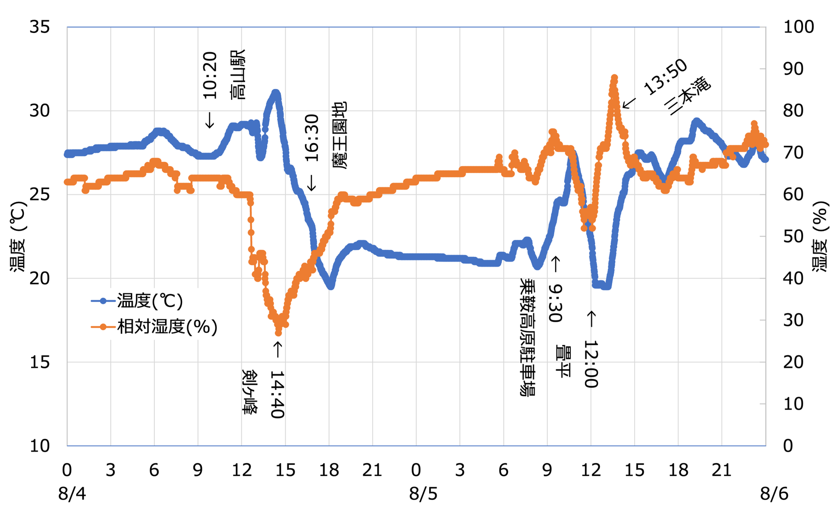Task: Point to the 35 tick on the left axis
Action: point(40,27)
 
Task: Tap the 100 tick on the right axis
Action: point(798,27)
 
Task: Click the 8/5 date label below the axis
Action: point(423,494)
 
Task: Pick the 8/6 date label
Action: point(774,494)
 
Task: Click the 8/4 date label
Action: point(72,494)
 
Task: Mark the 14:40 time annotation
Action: point(277,394)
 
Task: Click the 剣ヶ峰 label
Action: point(249,391)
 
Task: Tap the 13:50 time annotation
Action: point(666,77)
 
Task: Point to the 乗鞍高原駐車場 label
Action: point(527,337)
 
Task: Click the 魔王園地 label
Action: point(339,135)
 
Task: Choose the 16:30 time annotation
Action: point(312,138)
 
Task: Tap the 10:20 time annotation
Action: point(210,75)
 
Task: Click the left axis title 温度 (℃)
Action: point(18,236)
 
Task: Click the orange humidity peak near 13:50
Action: point(614,78)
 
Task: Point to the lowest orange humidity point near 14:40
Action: point(278,333)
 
